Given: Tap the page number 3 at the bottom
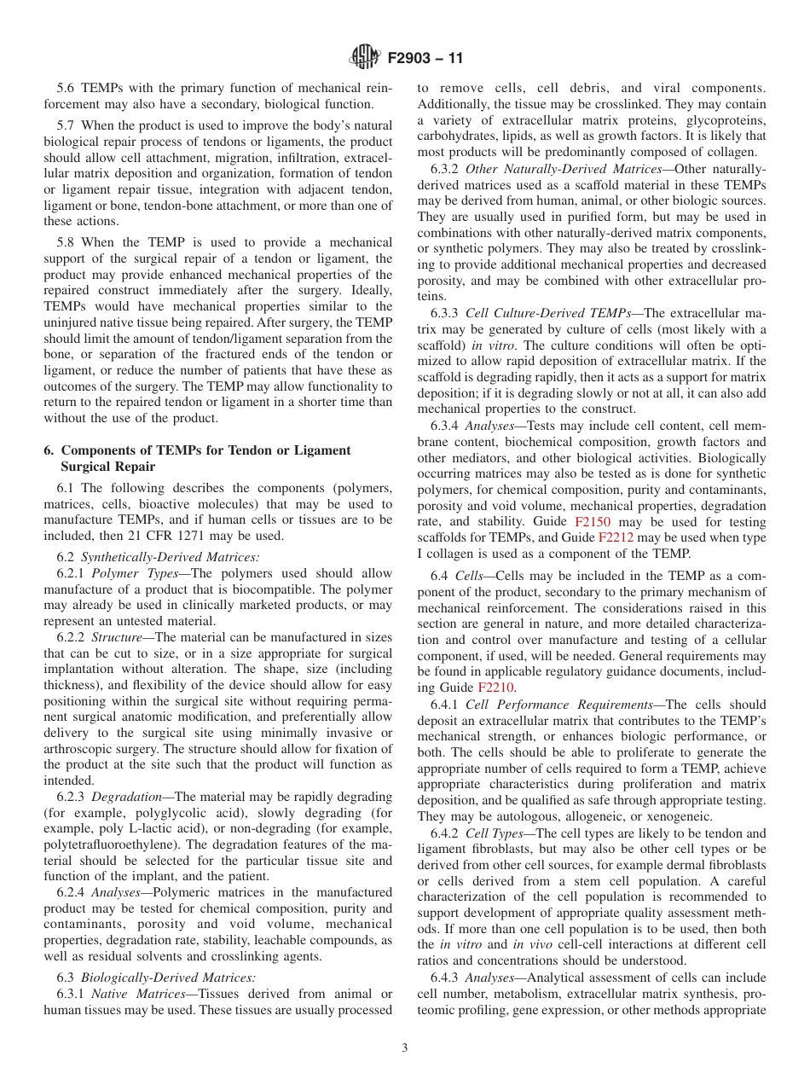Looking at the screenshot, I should pos(404,1048).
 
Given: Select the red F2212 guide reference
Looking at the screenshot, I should pos(616,537).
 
